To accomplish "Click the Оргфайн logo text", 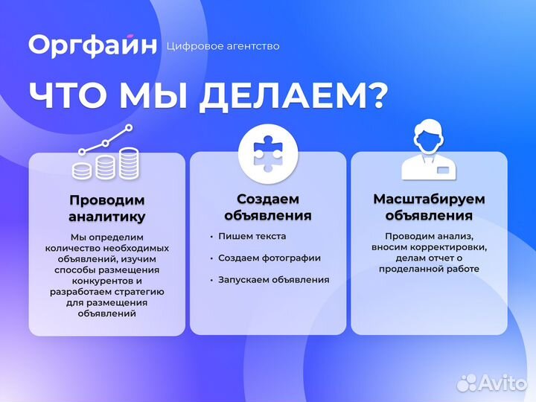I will point(93,45).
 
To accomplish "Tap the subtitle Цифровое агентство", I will point(225,46).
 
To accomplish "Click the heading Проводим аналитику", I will point(107,208).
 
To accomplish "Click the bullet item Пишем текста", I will point(252,236).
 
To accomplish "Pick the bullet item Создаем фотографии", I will point(269,258).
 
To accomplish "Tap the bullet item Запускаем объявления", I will point(273,280).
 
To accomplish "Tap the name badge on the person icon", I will point(444,170).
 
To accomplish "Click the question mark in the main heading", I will point(376,97).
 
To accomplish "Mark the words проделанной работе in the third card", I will point(429,269).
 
